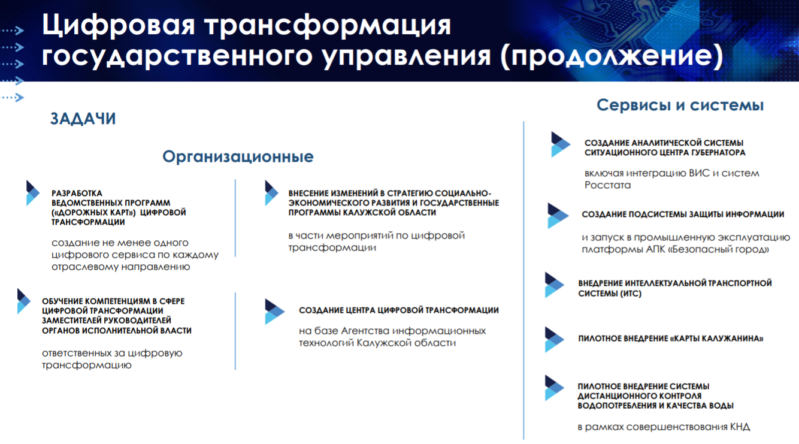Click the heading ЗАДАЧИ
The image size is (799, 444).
point(83,119)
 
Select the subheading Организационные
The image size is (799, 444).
point(238,157)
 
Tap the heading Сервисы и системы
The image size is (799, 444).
point(680,105)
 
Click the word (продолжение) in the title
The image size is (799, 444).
point(612,56)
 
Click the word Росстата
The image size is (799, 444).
point(607,185)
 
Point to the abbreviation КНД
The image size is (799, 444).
point(740,427)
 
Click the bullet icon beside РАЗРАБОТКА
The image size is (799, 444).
point(33,193)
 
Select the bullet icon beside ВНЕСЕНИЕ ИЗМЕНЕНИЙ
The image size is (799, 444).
point(271,193)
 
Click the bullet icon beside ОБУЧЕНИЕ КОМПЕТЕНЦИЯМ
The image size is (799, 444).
point(23,301)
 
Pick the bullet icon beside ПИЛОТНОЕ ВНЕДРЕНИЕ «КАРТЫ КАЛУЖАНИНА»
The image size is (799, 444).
point(554,339)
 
